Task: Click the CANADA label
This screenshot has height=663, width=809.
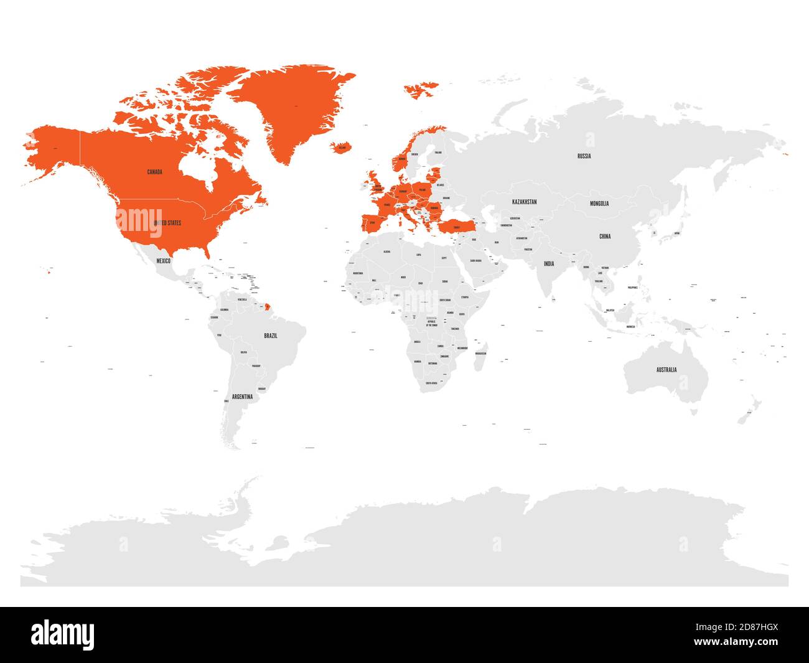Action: point(154,172)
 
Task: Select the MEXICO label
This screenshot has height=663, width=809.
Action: point(163,261)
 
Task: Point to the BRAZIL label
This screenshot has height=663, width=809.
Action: point(271,336)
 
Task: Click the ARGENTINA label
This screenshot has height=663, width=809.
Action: point(242,397)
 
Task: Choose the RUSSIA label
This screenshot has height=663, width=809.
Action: point(584,156)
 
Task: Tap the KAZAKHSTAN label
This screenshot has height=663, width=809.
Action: point(524,202)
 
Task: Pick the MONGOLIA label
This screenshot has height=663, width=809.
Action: point(599,204)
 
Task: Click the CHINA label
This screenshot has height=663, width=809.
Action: point(605,237)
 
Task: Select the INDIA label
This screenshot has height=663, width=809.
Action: point(548,263)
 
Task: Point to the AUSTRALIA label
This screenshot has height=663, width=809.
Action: point(666,370)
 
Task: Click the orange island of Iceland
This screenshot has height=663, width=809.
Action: point(342,148)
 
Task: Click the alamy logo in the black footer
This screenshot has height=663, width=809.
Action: point(63,634)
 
